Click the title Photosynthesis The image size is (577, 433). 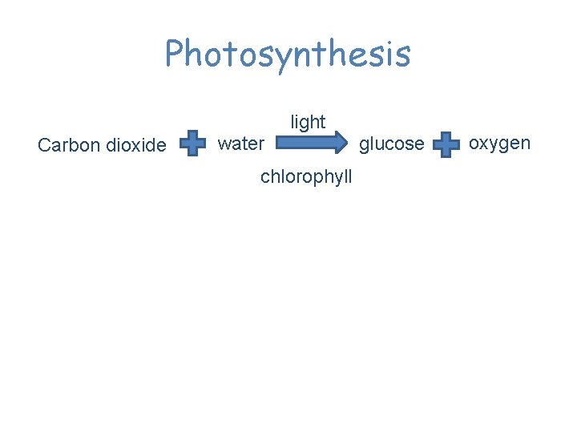[x=288, y=54]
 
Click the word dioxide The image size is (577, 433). [x=136, y=145]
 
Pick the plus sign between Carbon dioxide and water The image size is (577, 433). [x=192, y=144]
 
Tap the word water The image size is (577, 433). [x=240, y=144]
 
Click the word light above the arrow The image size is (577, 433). [x=308, y=122]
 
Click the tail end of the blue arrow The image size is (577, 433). [x=280, y=144]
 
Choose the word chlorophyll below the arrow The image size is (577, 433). [x=306, y=177]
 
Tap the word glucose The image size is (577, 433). [x=392, y=144]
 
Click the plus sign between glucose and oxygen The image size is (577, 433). [x=446, y=145]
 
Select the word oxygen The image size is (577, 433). [x=499, y=144]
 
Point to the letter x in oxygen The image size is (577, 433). [x=484, y=144]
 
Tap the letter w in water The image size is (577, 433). [x=224, y=144]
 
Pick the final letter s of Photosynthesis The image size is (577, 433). [x=402, y=55]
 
